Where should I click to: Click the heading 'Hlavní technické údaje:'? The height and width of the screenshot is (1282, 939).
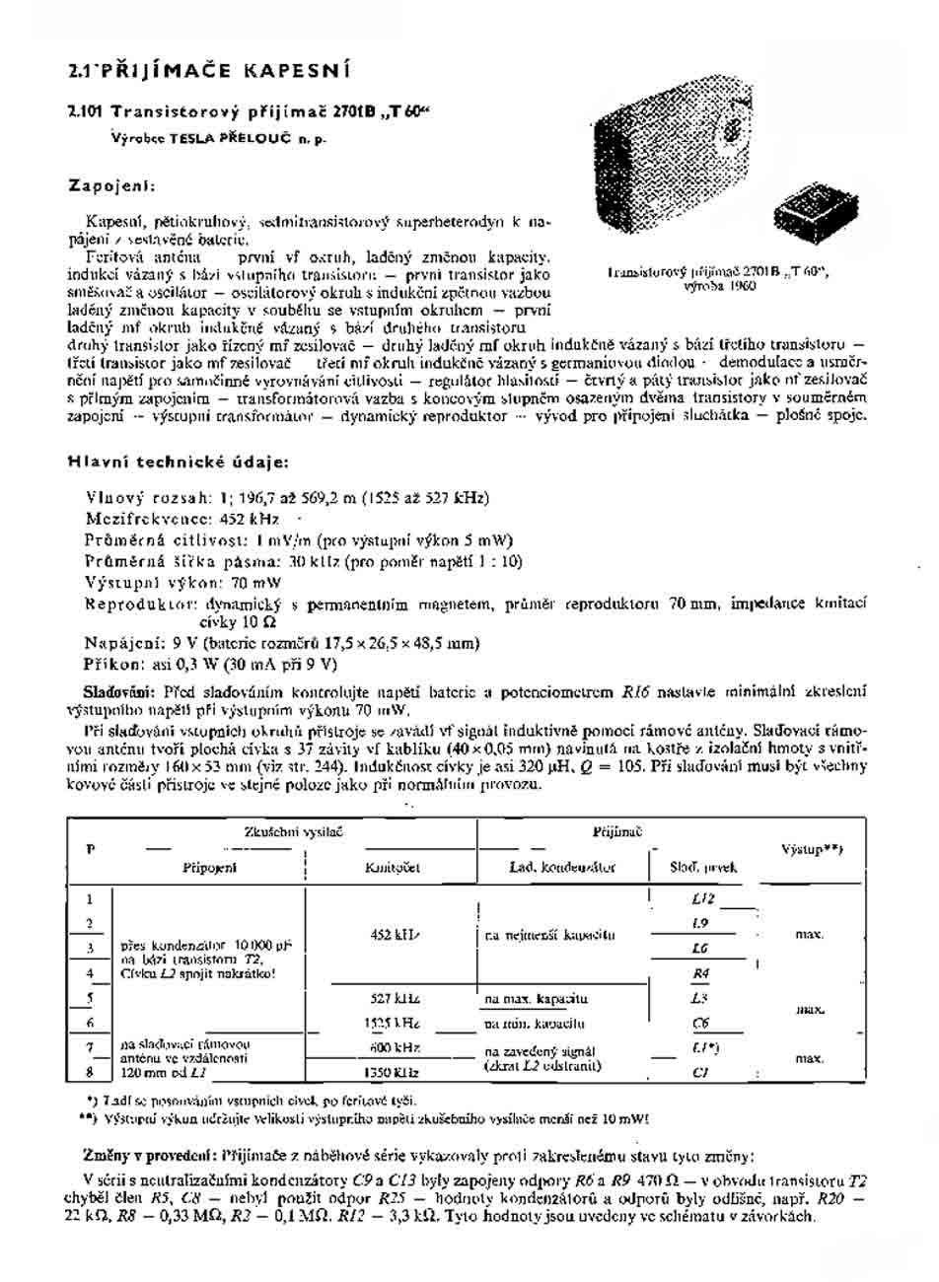pos(179,462)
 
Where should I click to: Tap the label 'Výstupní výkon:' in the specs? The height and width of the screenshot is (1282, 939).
pos(141,582)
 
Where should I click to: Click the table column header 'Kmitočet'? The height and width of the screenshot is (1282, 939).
pos(393,867)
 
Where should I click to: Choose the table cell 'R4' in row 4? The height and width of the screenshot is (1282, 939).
pos(702,973)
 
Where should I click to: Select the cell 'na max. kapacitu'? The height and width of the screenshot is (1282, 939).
pos(537,999)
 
